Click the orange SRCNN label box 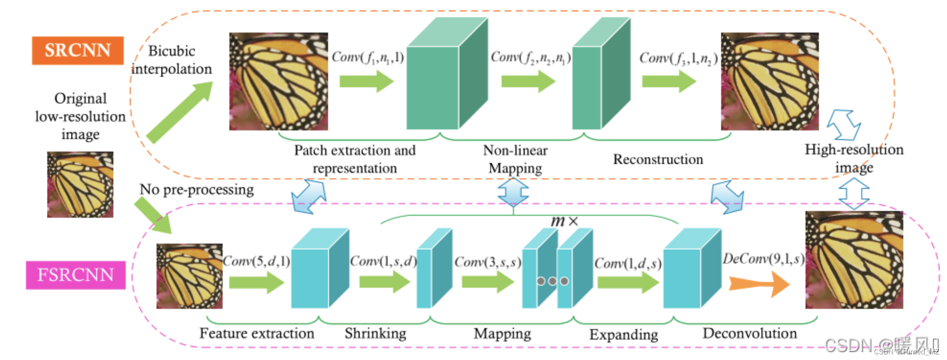pyautogui.click(x=77, y=50)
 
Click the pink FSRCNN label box pyautogui.click(x=75, y=275)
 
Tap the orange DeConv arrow pyautogui.click(x=758, y=284)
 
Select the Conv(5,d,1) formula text pyautogui.click(x=256, y=261)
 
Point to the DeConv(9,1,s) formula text pyautogui.click(x=763, y=259)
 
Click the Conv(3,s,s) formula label pyautogui.click(x=487, y=262)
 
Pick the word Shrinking pyautogui.click(x=375, y=333)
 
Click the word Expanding pyautogui.click(x=623, y=335)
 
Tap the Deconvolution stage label pyautogui.click(x=749, y=333)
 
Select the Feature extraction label pyautogui.click(x=256, y=333)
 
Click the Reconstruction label pyautogui.click(x=657, y=160)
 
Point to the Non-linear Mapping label pyautogui.click(x=515, y=159)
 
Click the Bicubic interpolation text pyautogui.click(x=171, y=60)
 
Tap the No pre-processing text pyautogui.click(x=196, y=190)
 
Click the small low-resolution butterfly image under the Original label pyautogui.click(x=80, y=185)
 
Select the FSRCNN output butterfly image pyautogui.click(x=854, y=260)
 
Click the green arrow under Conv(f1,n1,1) pyautogui.click(x=366, y=81)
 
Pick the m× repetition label pyautogui.click(x=564, y=221)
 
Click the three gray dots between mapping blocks pyautogui.click(x=552, y=281)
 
